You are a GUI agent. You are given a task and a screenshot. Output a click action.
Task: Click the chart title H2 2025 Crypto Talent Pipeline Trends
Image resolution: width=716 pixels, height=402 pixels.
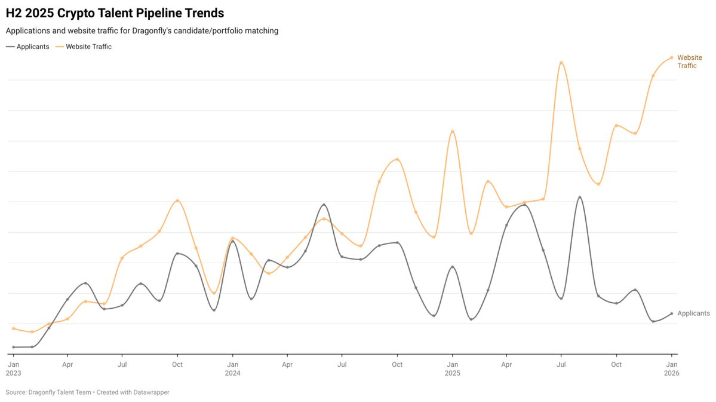click(x=115, y=13)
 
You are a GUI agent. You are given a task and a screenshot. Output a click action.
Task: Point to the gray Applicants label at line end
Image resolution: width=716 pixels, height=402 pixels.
click(x=693, y=313)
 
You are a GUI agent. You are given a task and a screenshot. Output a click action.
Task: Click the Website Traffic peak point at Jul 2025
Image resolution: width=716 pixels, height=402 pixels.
click(x=561, y=62)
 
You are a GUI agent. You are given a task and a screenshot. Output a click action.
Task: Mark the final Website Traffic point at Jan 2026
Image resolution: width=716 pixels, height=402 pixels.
click(x=672, y=57)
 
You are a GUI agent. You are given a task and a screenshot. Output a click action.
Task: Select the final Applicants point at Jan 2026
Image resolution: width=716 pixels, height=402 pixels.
click(x=672, y=313)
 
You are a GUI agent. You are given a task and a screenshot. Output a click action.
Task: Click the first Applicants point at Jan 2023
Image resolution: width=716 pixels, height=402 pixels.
click(x=13, y=347)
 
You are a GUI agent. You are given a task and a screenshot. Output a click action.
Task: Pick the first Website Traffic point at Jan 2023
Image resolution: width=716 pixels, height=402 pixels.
click(x=13, y=328)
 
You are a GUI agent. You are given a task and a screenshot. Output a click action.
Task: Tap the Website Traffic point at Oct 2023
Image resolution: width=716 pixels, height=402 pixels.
click(x=177, y=200)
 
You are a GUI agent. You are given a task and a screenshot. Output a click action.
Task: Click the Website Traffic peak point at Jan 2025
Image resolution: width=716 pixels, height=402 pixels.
click(x=453, y=131)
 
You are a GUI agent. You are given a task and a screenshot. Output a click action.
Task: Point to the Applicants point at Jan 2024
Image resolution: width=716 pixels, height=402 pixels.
click(x=232, y=241)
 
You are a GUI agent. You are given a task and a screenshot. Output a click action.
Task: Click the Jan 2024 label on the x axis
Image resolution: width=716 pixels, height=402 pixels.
click(x=232, y=368)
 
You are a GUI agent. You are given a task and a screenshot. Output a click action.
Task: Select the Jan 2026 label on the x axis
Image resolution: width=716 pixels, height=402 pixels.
click(x=672, y=368)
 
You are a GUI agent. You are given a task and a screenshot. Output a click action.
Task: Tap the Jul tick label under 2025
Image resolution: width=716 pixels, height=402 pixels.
click(x=561, y=364)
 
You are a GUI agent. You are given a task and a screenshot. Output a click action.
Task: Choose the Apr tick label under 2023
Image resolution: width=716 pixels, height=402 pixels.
click(x=67, y=364)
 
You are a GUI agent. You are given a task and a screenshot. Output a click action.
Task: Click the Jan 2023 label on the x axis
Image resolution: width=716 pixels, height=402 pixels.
click(x=13, y=368)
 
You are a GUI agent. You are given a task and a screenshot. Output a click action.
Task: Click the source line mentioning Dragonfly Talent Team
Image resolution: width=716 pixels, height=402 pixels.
click(x=88, y=392)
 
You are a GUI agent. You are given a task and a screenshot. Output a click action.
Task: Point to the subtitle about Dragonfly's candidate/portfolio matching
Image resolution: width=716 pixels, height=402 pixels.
click(x=142, y=30)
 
